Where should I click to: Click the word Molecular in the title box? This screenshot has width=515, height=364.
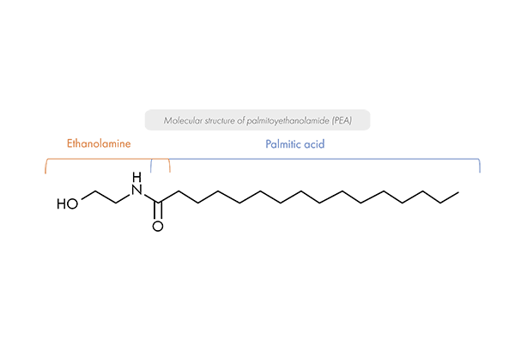pyautogui.click(x=179, y=121)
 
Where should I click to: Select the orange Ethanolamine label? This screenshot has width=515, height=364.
pyautogui.click(x=99, y=144)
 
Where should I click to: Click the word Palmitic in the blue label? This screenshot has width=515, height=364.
pyautogui.click(x=282, y=144)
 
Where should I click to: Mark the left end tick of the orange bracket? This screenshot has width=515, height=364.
pyautogui.click(x=46, y=169)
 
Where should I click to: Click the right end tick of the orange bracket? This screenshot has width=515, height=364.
pyautogui.click(x=170, y=168)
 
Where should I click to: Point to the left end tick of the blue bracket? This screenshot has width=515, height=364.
pyautogui.click(x=151, y=168)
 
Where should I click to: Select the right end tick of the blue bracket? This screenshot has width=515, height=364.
pyautogui.click(x=479, y=168)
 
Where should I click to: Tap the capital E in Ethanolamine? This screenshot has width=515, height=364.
pyautogui.click(x=70, y=144)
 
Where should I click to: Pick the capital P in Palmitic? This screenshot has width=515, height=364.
pyautogui.click(x=268, y=144)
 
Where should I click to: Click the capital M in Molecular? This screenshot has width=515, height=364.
pyautogui.click(x=167, y=121)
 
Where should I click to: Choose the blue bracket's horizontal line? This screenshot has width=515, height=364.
pyautogui.click(x=326, y=159)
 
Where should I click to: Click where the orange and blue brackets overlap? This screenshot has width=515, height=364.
pyautogui.click(x=161, y=159)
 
